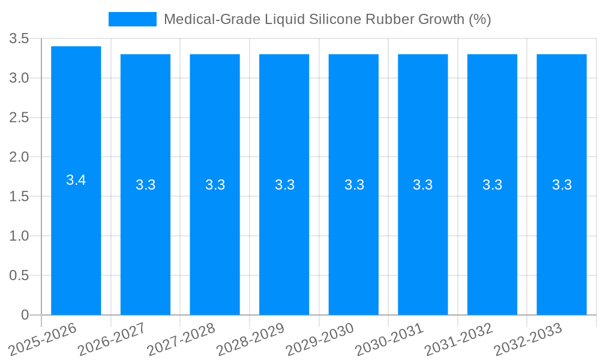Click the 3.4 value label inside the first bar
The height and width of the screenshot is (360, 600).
[x=76, y=180]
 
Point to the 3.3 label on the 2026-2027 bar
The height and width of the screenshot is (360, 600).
[x=146, y=185]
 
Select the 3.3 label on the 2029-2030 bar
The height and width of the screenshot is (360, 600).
[x=354, y=185]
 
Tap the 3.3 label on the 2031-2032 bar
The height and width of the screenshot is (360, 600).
[x=493, y=185]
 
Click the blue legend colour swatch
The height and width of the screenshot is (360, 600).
[x=132, y=19]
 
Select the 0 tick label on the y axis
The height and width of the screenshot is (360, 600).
[x=25, y=315]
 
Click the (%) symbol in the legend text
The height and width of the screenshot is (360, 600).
[x=479, y=19]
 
